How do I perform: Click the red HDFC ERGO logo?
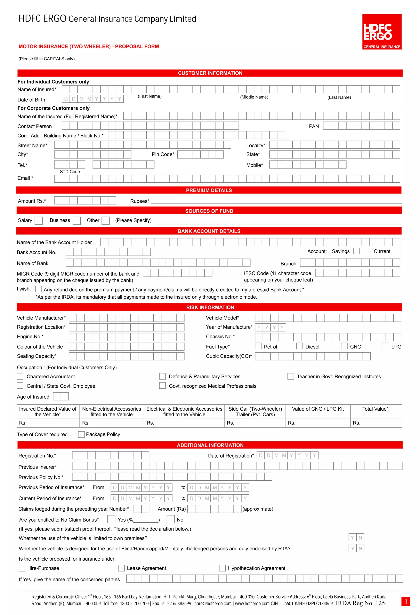coord(382,32)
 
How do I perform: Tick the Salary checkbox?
coord(39,221)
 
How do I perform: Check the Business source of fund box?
coord(77,221)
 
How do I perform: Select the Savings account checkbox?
coord(356,251)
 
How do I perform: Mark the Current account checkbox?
coord(397,251)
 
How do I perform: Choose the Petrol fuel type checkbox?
coord(258,346)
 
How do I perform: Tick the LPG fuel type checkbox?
coord(385,346)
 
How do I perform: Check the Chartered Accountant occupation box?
coord(20,376)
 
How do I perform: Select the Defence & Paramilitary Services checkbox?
coord(162,376)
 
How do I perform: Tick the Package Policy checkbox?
coord(81,435)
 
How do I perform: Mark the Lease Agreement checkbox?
coord(121,568)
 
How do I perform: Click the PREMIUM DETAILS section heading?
coord(209,190)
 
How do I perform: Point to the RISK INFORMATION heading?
coord(210,307)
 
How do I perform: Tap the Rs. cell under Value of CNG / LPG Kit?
coord(318,423)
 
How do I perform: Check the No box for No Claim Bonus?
coord(171,519)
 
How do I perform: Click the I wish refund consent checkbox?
coord(39,289)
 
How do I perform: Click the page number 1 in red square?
coord(406,601)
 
